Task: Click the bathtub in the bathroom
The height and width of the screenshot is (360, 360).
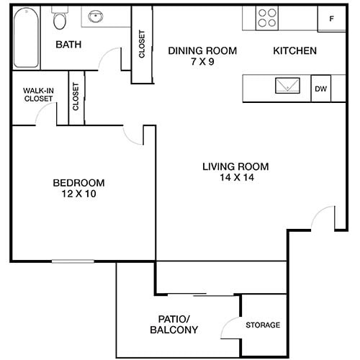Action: pyautogui.click(x=27, y=37)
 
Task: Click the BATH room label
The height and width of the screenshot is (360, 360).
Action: pyautogui.click(x=69, y=45)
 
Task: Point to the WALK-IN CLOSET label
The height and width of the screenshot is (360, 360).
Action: pyautogui.click(x=38, y=94)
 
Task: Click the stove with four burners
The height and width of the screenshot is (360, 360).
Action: pyautogui.click(x=268, y=17)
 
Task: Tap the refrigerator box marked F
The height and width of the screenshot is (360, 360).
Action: pyautogui.click(x=332, y=19)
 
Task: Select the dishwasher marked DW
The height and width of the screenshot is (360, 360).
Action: pyautogui.click(x=320, y=89)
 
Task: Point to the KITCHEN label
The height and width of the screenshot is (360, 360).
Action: pyautogui.click(x=294, y=51)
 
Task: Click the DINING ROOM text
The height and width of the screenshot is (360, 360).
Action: pyautogui.click(x=202, y=50)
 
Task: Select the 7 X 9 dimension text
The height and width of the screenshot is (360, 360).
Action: pyautogui.click(x=202, y=62)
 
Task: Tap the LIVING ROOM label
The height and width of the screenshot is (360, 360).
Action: pyautogui.click(x=230, y=166)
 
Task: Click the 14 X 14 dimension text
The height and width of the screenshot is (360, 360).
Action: pyautogui.click(x=230, y=177)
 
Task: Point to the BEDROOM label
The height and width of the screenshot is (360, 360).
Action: pyautogui.click(x=79, y=183)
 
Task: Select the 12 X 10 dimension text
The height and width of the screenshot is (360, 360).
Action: pyautogui.click(x=79, y=194)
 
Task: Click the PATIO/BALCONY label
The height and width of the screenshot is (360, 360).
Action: pyautogui.click(x=174, y=324)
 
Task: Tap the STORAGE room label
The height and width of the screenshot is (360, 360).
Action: pyautogui.click(x=263, y=325)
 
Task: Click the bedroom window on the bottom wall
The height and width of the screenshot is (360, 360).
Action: pyautogui.click(x=72, y=261)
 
